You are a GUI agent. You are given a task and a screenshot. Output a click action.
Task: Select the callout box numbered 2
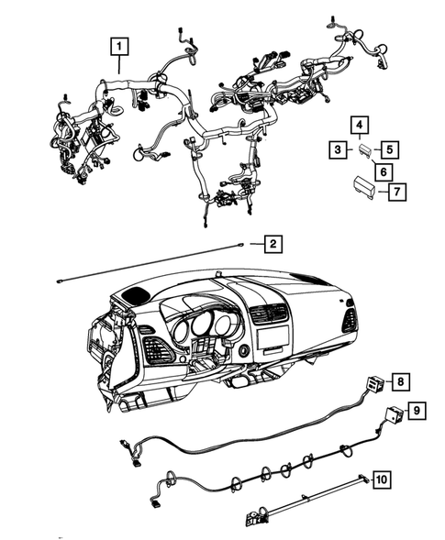point(273,243)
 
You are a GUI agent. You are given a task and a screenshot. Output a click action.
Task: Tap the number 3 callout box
point(339,149)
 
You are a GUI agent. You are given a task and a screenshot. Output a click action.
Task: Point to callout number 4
point(360,125)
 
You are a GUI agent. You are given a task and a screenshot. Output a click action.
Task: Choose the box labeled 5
point(389,149)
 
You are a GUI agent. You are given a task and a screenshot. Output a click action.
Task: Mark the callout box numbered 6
point(376,170)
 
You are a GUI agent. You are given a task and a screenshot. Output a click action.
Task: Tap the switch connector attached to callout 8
point(373,384)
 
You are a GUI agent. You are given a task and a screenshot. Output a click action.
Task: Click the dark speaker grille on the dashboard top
point(135,295)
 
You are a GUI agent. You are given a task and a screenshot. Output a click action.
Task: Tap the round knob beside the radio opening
point(243,350)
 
